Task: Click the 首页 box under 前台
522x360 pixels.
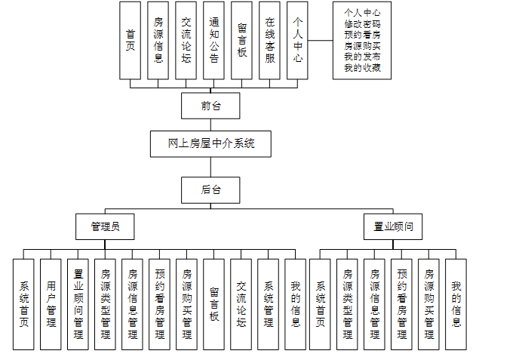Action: point(130,40)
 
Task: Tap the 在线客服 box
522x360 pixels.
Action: point(269,40)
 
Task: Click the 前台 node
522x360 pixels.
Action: point(210,106)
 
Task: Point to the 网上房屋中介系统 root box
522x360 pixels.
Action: point(210,143)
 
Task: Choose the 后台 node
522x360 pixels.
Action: point(210,189)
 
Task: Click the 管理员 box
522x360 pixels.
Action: point(105,226)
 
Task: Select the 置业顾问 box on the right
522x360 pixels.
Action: point(393,226)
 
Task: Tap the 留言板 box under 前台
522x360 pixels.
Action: point(241,40)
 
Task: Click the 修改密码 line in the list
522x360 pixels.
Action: point(362,23)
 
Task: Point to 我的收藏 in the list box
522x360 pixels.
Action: point(362,69)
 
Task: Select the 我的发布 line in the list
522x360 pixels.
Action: point(362,57)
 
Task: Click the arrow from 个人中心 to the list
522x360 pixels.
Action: point(321,40)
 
